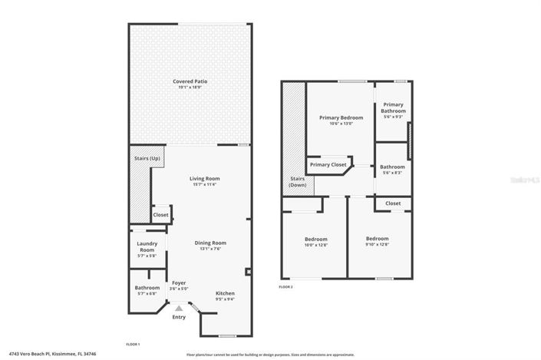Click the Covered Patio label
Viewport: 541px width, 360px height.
pyautogui.click(x=190, y=81)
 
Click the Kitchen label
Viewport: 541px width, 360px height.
pyautogui.click(x=225, y=293)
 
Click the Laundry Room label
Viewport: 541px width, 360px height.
pyautogui.click(x=147, y=247)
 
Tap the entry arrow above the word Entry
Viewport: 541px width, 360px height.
pyautogui.click(x=179, y=307)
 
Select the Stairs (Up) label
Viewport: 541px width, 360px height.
pyautogui.click(x=146, y=158)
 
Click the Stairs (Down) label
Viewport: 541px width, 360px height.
pyautogui.click(x=297, y=182)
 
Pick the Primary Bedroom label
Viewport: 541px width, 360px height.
pyautogui.click(x=341, y=117)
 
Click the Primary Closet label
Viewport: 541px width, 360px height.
pyautogui.click(x=328, y=164)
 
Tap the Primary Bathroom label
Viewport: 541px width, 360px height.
pyautogui.click(x=393, y=107)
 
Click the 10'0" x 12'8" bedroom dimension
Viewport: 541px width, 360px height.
pyautogui.click(x=316, y=246)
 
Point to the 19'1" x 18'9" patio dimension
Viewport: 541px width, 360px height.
pyautogui.click(x=190, y=88)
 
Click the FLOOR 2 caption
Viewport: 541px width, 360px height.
pyautogui.click(x=285, y=286)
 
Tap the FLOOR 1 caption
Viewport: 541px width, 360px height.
pyautogui.click(x=132, y=344)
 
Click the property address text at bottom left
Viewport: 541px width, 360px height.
pyautogui.click(x=45, y=354)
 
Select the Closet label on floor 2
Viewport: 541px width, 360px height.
pyautogui.click(x=393, y=203)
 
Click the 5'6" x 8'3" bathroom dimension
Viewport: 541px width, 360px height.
pyautogui.click(x=393, y=173)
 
